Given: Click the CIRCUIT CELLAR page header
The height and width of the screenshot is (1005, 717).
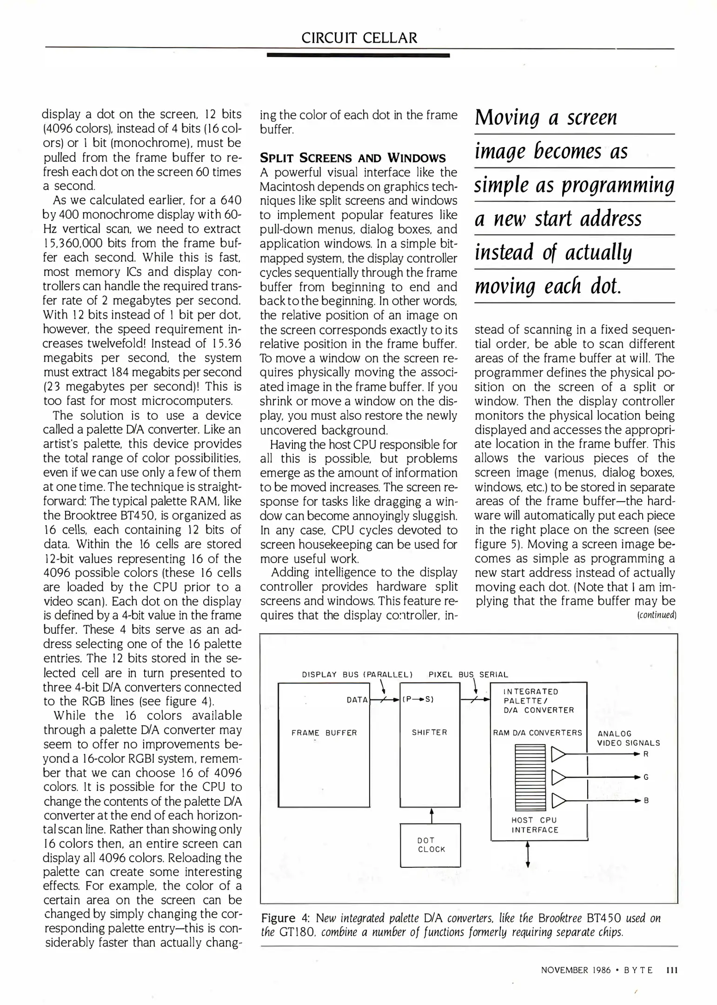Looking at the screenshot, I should [x=359, y=38].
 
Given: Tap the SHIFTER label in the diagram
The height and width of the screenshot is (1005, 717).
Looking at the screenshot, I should [x=429, y=732].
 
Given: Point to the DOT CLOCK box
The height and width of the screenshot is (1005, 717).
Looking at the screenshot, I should [x=431, y=844].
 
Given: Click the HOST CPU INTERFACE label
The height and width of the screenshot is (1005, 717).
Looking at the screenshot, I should [x=534, y=824].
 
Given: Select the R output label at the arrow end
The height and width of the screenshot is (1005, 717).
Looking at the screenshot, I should [x=646, y=754].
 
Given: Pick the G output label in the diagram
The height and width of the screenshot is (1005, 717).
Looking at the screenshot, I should [x=646, y=777].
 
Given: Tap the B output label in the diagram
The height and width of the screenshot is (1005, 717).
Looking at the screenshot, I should [x=646, y=800].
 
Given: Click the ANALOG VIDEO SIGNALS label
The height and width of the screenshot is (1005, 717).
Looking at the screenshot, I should [x=628, y=738].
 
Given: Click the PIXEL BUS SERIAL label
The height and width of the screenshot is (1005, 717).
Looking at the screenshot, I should [x=468, y=674].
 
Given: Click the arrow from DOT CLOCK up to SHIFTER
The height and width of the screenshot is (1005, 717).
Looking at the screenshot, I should [x=432, y=815].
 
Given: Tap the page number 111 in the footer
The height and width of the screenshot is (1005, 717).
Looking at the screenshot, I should [x=672, y=970].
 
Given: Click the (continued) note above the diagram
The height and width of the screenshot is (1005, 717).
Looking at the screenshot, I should [x=656, y=615].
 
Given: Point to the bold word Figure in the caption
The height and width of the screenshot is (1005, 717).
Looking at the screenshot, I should [x=278, y=918].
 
